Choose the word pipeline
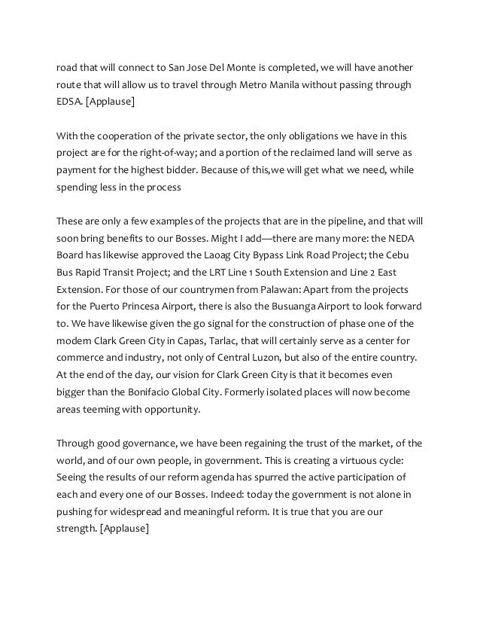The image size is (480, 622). pyautogui.click(x=340, y=221)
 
